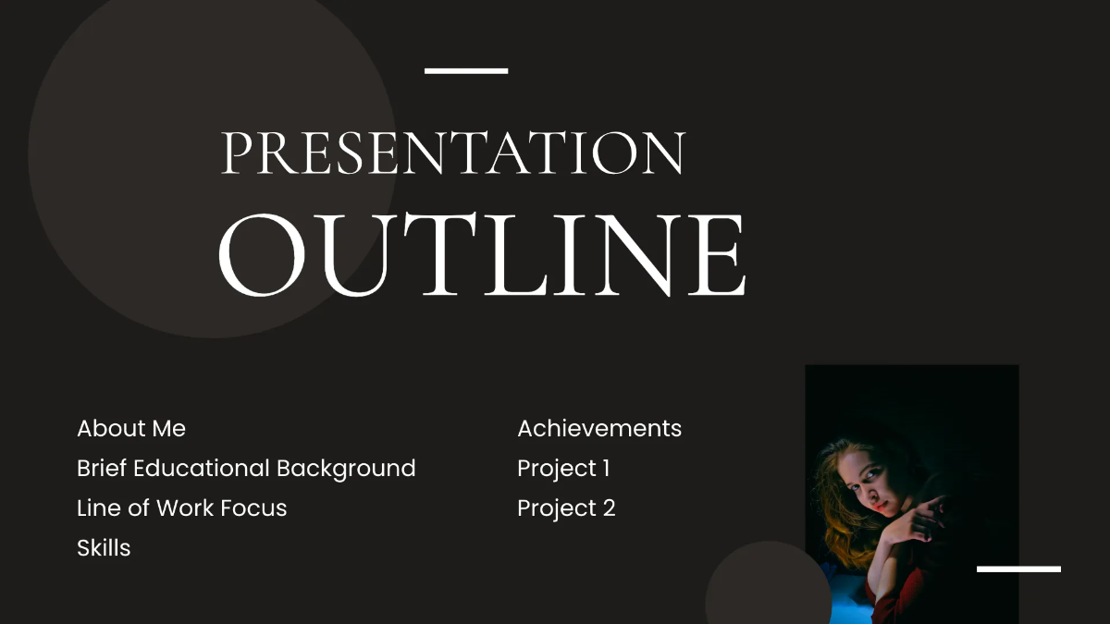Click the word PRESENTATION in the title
coord(453,153)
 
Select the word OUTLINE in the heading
coord(481,254)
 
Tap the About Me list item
coord(131,429)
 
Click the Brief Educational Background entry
coord(246,469)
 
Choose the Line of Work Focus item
coord(182,508)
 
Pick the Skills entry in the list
coord(104,548)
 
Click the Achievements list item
coord(599,429)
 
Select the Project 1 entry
coord(563,469)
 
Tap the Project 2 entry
coord(566,508)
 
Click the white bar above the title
coord(466,70)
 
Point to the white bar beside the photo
coord(1018,569)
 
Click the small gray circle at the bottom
coord(768,587)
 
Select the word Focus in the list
coord(259,508)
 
